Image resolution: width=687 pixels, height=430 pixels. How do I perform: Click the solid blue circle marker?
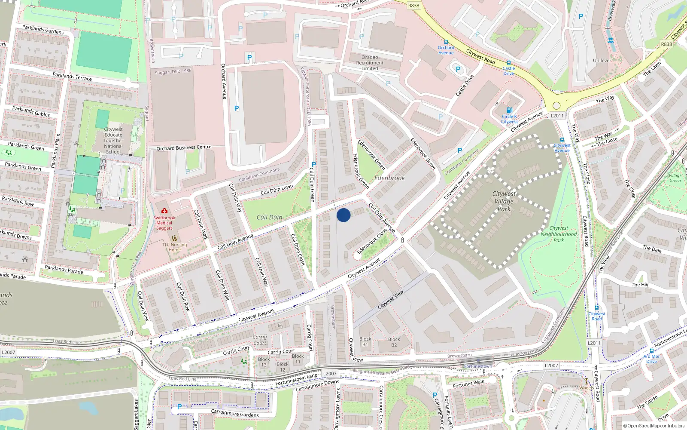pyautogui.click(x=343, y=215)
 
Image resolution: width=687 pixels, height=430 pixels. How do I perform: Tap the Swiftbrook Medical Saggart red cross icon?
pyautogui.click(x=164, y=211)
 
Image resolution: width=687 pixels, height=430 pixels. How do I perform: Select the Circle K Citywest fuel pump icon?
pyautogui.click(x=509, y=110)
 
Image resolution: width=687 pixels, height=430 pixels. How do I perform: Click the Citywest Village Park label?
pyautogui.click(x=504, y=201)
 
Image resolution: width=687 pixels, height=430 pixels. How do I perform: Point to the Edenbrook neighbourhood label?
pyautogui.click(x=389, y=178)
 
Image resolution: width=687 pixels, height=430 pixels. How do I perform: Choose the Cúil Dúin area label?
pyautogui.click(x=269, y=217)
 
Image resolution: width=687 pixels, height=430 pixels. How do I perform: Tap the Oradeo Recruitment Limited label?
pyautogui.click(x=370, y=63)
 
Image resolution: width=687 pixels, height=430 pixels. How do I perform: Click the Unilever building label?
pyautogui.click(x=602, y=61)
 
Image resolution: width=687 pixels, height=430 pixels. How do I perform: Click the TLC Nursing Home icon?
pyautogui.click(x=174, y=238)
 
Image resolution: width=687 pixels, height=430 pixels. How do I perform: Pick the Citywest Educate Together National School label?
pyautogui.click(x=113, y=140)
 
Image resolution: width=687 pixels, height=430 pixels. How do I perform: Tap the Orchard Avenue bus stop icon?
pyautogui.click(x=446, y=42)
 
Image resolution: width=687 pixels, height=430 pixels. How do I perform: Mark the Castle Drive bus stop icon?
pyautogui.click(x=509, y=63)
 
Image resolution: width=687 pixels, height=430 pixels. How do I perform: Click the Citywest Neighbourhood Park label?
pyautogui.click(x=559, y=234)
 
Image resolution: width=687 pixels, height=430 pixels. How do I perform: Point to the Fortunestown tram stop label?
pyautogui.click(x=478, y=366)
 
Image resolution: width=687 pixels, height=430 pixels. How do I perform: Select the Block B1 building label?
pyautogui.click(x=365, y=341)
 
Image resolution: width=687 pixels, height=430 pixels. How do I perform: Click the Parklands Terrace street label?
pyautogui.click(x=72, y=77)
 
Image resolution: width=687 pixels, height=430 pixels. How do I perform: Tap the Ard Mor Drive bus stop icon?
pyautogui.click(x=651, y=351)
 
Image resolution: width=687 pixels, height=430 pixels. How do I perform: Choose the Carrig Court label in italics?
pyautogui.click(x=260, y=340)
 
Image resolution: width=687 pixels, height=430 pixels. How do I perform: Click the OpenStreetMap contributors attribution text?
pyautogui.click(x=654, y=426)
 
